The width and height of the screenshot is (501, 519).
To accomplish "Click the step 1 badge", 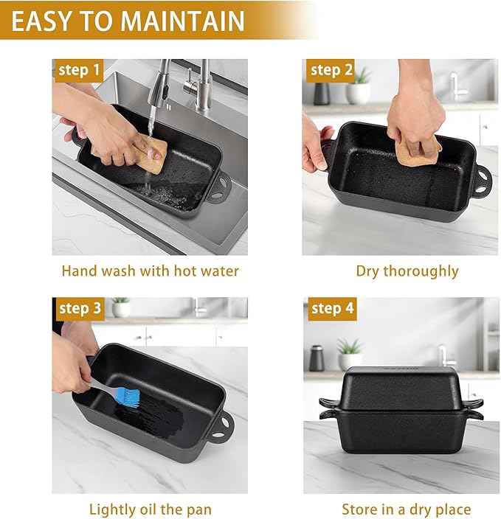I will pos(78,71).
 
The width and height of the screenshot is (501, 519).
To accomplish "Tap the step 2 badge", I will pos(331,71).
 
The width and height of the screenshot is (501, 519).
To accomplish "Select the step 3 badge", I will pos(78,309).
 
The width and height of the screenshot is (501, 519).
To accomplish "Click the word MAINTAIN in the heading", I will pos(183,21).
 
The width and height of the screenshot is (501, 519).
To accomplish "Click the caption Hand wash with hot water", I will pos(151,271).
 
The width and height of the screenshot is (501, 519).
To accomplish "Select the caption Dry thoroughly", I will pos(407,271).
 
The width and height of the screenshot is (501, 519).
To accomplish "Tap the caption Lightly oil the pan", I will pos(151,509).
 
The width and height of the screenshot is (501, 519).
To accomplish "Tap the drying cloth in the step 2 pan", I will pos(417,150).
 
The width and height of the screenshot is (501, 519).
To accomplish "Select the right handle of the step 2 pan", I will pos(484,181).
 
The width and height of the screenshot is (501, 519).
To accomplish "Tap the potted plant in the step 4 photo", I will pos(349,355).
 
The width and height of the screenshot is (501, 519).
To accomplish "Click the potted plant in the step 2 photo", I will pos(359,87).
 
